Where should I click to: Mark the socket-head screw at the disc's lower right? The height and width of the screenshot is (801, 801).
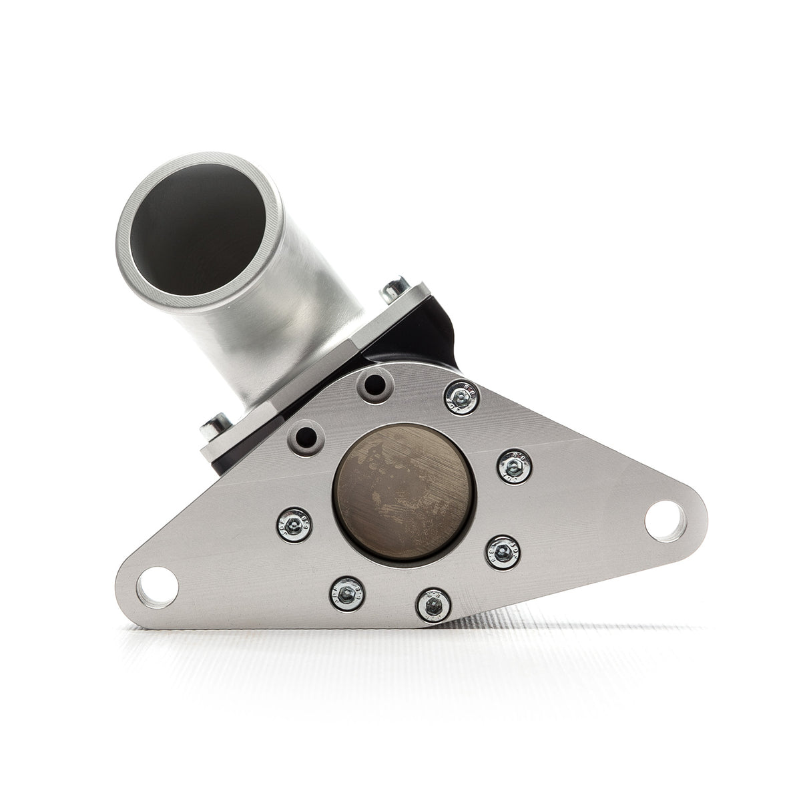(x=499, y=557)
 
